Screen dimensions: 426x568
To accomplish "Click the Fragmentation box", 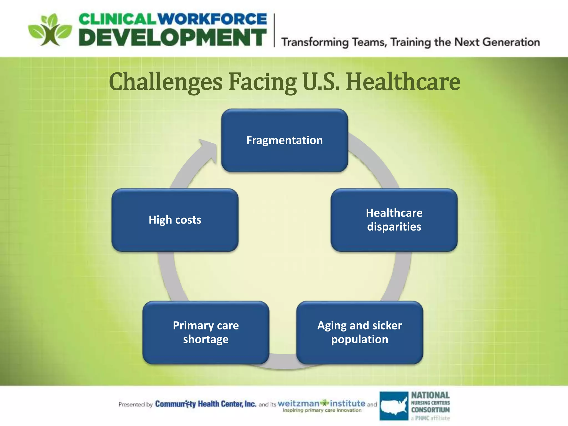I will click(284, 140).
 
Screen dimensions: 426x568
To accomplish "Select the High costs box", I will click(175, 220).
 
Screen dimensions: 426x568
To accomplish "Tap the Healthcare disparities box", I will click(394, 220).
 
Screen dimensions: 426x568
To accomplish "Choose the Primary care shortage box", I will click(206, 332).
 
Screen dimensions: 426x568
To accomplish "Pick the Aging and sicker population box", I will click(359, 332).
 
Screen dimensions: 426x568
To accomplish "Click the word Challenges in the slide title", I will click(166, 82).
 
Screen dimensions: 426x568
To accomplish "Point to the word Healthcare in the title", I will click(403, 82).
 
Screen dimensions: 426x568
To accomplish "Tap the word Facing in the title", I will click(262, 82).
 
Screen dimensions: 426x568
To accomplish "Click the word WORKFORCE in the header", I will click(212, 19).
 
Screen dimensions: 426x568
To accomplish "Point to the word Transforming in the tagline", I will click(315, 42).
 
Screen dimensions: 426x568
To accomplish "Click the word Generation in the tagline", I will click(511, 42).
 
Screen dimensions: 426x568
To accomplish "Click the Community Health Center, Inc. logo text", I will click(205, 404).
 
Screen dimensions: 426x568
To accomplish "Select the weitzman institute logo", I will click(321, 405).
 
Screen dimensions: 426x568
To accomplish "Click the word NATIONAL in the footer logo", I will click(430, 395).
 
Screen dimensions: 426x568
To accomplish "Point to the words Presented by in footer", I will click(135, 405).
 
